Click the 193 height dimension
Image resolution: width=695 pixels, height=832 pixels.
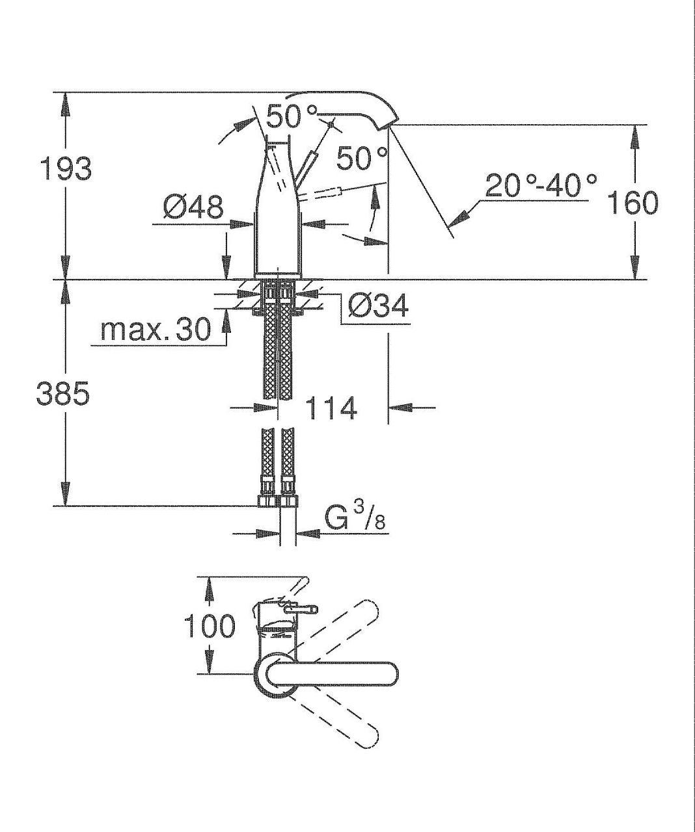pyautogui.click(x=66, y=170)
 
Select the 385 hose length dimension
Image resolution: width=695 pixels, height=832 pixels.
pyautogui.click(x=63, y=393)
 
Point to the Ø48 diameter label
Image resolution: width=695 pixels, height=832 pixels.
pyautogui.click(x=193, y=207)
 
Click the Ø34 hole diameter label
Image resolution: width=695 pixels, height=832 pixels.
pyautogui.click(x=378, y=306)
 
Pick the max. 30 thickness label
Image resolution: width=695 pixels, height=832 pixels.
pyautogui.click(x=156, y=330)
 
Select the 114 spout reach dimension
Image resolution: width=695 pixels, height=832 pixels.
pyautogui.click(x=331, y=408)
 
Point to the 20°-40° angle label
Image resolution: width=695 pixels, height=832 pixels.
pyautogui.click(x=541, y=185)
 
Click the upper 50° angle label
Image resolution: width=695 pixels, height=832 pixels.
pyautogui.click(x=292, y=116)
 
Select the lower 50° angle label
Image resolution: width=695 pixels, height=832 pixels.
pyautogui.click(x=362, y=158)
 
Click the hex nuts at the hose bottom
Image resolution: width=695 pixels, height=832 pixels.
pyautogui.click(x=278, y=501)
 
